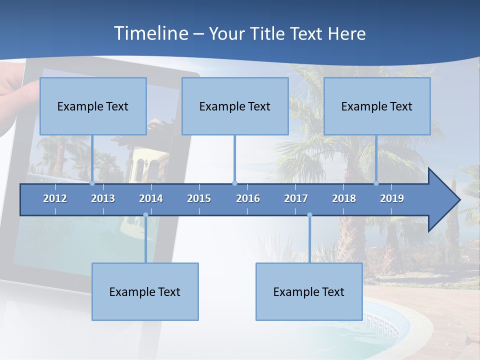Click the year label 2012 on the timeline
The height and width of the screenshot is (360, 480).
point(55,198)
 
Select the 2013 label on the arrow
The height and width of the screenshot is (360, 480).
point(103,198)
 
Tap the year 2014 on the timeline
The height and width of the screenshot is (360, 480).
point(151,198)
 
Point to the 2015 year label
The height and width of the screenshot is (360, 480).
point(199,198)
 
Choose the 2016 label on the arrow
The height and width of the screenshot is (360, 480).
point(248,198)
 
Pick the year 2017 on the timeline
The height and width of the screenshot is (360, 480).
point(296,198)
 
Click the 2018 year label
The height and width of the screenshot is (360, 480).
point(344,198)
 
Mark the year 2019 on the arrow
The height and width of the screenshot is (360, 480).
point(392,198)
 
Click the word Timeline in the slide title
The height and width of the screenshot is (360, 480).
point(150,33)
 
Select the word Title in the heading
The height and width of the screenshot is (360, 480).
point(267,33)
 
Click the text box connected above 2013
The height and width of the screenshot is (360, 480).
point(93,106)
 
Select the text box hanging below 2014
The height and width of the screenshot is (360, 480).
point(145,291)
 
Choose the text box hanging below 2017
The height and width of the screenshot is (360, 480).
point(309,291)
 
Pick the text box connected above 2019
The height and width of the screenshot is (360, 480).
point(377,106)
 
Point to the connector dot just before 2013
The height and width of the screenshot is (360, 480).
point(92,183)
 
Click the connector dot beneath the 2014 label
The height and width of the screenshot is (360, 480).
point(145,215)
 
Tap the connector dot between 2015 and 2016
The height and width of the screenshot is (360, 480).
point(234,183)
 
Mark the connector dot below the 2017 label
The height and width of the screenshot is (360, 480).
point(309,215)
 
